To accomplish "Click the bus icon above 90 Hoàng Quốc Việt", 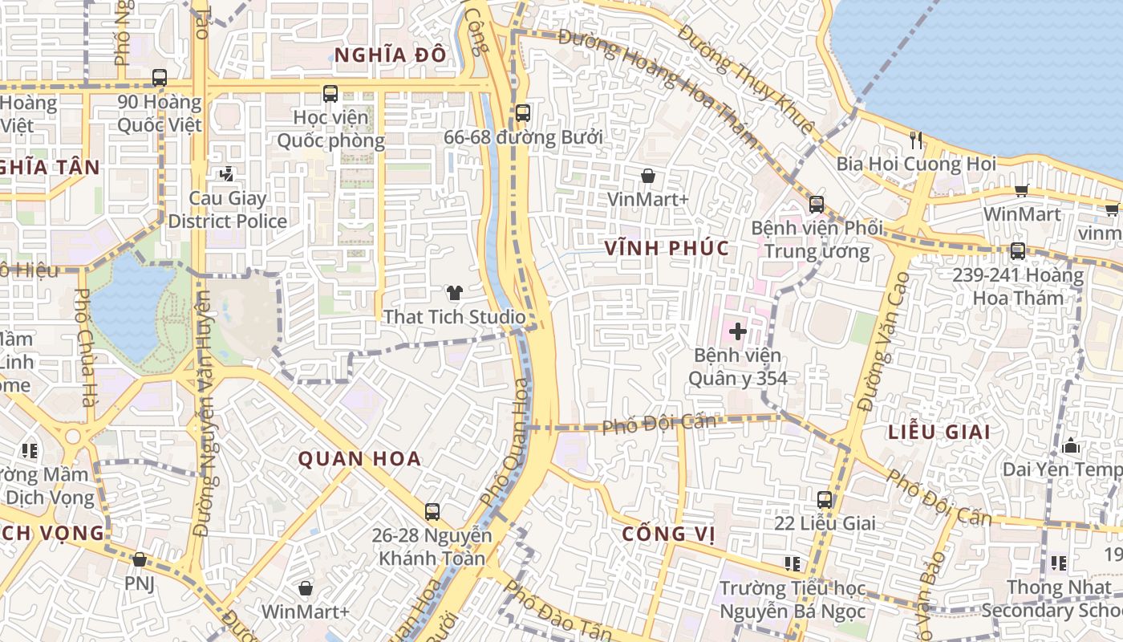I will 160,78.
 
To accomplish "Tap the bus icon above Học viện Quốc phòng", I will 330,94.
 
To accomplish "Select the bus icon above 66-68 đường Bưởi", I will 523,113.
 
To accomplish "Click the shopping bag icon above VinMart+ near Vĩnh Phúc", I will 648,176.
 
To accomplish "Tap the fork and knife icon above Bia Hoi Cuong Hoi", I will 916,140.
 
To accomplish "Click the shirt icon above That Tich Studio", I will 454,293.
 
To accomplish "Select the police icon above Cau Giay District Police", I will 227,173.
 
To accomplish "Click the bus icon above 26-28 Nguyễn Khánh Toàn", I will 432,511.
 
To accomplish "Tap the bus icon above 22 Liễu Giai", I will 825,500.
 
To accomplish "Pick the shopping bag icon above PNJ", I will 140,559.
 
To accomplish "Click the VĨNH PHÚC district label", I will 667,248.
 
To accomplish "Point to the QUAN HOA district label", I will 359,459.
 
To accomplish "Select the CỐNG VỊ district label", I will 667,534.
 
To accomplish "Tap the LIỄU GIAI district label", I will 939,432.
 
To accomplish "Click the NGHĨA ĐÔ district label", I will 390,55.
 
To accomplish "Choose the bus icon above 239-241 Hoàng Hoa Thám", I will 1018,251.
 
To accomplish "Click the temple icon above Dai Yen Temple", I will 1071,445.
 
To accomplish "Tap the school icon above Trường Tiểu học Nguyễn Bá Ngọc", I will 793,564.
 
